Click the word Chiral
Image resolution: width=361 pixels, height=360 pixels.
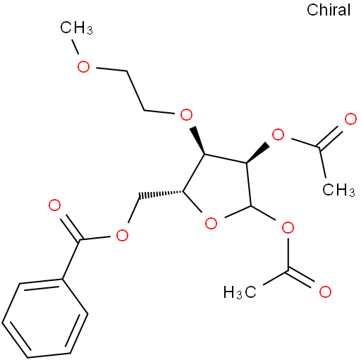point(329,10)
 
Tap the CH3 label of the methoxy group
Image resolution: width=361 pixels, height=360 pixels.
point(76,28)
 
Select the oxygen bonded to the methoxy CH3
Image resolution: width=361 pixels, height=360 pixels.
point(83,66)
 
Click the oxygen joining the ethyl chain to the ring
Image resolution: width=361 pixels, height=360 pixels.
point(186,114)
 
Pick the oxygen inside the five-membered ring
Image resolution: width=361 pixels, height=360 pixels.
point(211,223)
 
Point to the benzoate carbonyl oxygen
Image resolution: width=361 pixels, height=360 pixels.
point(54,205)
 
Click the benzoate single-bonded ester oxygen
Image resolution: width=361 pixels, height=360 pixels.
point(122,235)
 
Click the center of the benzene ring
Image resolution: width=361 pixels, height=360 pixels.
point(45,318)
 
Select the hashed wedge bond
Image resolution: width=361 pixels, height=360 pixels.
point(161,193)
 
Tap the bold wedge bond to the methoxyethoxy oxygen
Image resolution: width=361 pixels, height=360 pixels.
point(199,140)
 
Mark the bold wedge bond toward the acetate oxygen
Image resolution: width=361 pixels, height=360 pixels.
point(257,152)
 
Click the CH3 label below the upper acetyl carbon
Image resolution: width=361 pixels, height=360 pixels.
point(338,190)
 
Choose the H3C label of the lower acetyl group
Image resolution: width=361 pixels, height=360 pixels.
point(240,292)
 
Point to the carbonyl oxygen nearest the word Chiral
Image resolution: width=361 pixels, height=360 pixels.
point(350,119)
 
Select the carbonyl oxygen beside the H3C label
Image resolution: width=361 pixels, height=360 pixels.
point(325,292)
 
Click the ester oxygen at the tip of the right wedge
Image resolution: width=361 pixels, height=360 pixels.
point(278,135)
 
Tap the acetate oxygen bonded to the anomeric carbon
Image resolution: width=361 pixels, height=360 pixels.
point(288,227)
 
